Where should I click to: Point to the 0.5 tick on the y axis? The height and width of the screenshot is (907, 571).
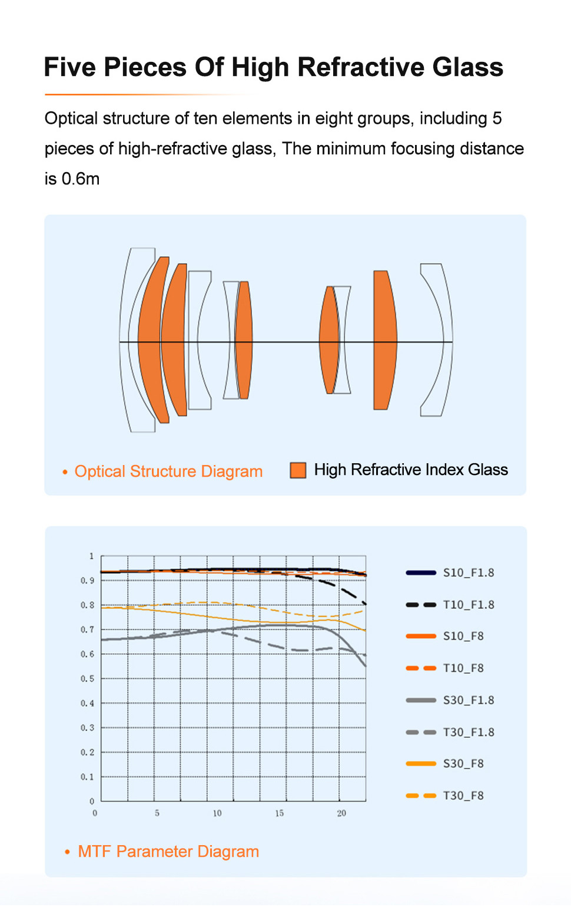coord(87,679)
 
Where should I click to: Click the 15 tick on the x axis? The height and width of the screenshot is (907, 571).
coord(279,813)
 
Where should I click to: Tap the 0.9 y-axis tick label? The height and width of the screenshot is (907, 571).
coord(87,581)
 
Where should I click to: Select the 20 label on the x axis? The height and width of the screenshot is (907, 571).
coord(341,813)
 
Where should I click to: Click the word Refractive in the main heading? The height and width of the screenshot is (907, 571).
coord(361,67)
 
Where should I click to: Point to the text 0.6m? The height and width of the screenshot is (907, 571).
coord(81,179)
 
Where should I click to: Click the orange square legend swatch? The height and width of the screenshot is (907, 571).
coord(298,470)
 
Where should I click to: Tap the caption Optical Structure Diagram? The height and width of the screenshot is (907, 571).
coord(168,471)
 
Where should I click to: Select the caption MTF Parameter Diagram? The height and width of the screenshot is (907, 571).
coord(168,852)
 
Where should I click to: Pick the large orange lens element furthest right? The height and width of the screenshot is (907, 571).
coord(384,340)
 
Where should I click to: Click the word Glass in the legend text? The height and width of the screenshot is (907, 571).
coord(488,470)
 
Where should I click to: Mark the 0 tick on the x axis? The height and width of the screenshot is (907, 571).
coord(95,813)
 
